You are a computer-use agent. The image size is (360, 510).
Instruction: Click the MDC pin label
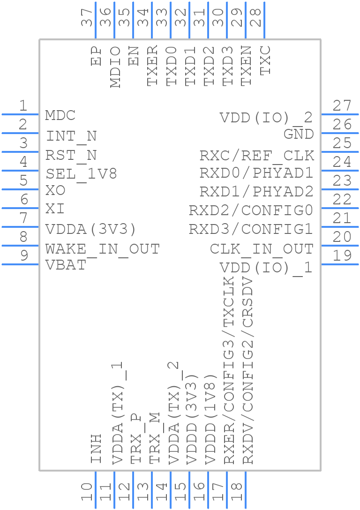tap(60, 115)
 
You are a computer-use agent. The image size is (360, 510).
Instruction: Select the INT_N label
tap(71, 136)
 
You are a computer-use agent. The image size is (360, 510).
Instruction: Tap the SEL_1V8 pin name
tap(81, 174)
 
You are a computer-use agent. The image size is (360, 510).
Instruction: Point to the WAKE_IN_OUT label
tap(102, 249)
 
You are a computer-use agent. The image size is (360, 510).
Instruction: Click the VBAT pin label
tap(66, 265)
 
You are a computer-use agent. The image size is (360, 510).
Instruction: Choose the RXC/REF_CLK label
tap(256, 155)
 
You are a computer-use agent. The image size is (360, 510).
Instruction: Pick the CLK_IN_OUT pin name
tap(261, 248)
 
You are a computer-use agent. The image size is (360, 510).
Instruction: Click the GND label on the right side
tap(299, 134)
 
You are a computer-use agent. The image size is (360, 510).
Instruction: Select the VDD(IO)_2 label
tap(266, 118)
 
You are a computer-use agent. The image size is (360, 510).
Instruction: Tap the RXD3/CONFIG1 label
tap(251, 229)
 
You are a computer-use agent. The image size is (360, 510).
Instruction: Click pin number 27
tap(342, 106)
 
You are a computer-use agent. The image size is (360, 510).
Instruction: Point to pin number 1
tap(22, 106)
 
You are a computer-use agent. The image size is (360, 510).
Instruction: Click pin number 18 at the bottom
tap(237, 492)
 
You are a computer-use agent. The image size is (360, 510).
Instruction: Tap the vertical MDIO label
tap(115, 67)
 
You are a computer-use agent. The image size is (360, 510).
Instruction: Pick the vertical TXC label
tap(265, 60)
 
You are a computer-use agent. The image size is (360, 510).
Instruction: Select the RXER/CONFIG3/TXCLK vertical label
tap(229, 370)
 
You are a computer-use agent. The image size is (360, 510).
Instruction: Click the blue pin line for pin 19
tap(339, 264)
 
